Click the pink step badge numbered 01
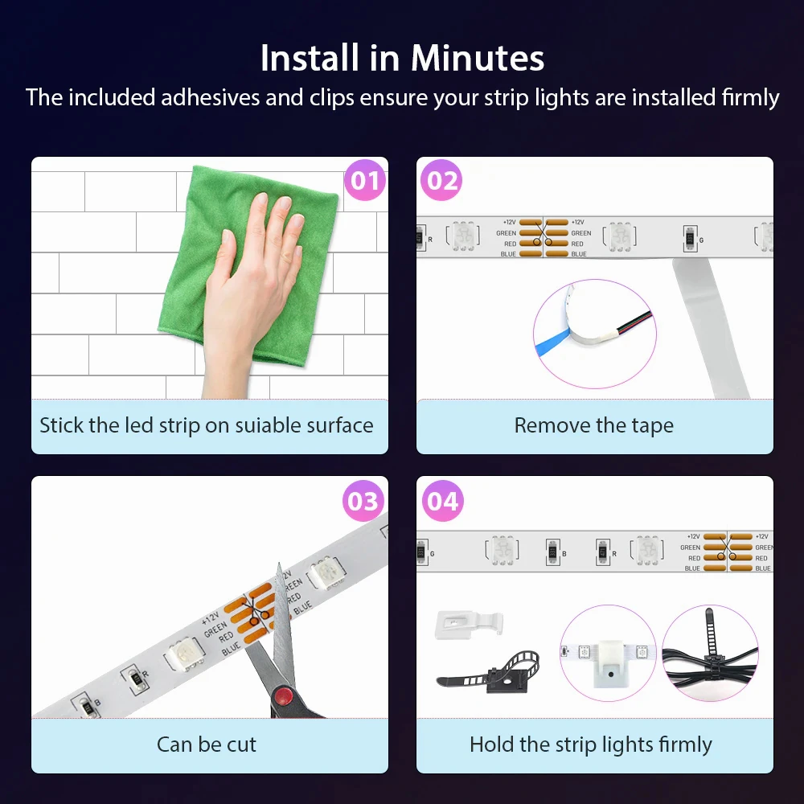click(x=364, y=180)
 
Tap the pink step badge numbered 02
click(x=441, y=180)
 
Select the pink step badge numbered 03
click(x=363, y=500)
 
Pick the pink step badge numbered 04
click(x=442, y=500)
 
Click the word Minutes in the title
click(x=478, y=58)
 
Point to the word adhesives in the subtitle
click(x=210, y=97)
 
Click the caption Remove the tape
click(x=594, y=425)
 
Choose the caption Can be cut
click(x=206, y=745)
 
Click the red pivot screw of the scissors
click(x=282, y=696)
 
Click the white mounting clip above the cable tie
click(x=469, y=624)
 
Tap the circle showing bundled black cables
click(x=710, y=653)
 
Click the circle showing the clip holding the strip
click(x=608, y=653)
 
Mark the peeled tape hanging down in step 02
click(x=710, y=327)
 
